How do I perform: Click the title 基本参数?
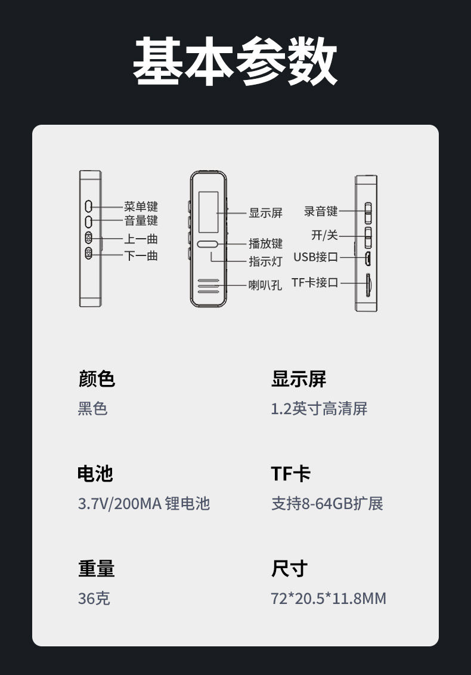tap(235, 61)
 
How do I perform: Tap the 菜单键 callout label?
tap(141, 206)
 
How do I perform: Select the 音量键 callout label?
tap(141, 221)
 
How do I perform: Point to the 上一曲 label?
tap(141, 239)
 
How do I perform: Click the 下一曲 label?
tap(141, 255)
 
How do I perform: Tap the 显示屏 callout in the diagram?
tap(265, 213)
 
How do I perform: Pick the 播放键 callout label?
tap(265, 244)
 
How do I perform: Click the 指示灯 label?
tap(265, 261)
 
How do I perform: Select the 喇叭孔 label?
tap(265, 285)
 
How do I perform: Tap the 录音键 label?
tap(321, 211)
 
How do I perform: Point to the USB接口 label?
tap(315, 257)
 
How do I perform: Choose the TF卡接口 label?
tap(315, 282)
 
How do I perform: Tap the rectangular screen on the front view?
tap(207, 212)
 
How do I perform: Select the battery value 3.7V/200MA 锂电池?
tap(144, 503)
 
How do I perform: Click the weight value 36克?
tap(94, 598)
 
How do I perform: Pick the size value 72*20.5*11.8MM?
tap(329, 598)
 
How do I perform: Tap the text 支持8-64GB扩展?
tap(327, 503)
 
